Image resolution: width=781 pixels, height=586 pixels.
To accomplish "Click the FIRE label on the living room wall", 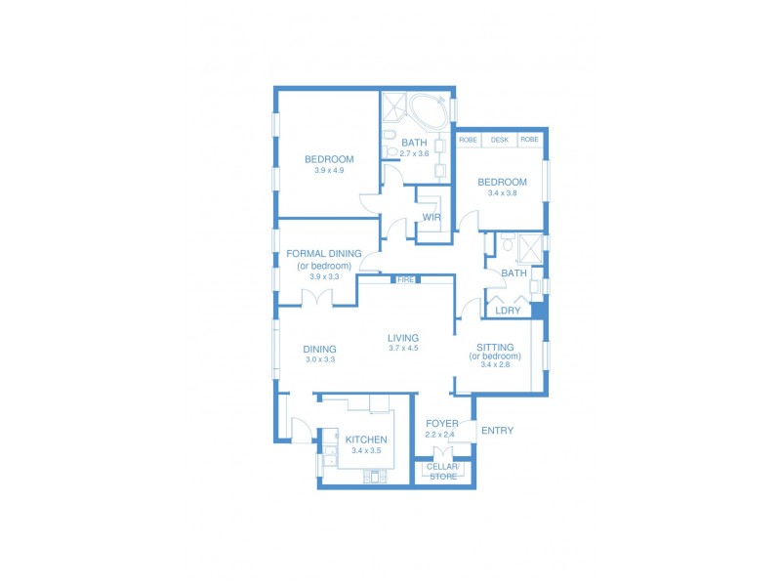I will pos(406,280).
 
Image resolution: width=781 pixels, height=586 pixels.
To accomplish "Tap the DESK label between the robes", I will pos(499,140).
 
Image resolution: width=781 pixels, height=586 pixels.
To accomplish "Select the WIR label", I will pos(432,217).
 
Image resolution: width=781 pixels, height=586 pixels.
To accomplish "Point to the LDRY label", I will pos(508,311).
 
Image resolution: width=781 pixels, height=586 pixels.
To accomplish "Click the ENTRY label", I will pos(497,431).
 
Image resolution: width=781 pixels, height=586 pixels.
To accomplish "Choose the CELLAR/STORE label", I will pos(443,472).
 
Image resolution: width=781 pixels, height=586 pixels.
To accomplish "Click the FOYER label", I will pos(441,423).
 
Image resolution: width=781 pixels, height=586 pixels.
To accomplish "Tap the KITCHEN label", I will pos(366,439).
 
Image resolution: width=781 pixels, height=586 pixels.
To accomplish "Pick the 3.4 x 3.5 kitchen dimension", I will pos(366,451).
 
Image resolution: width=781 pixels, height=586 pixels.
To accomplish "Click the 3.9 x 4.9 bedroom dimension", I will pos(329,171).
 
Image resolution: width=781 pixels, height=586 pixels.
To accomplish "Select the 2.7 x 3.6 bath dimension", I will pos(415,153).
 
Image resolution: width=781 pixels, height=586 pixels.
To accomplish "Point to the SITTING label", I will pos(495,347).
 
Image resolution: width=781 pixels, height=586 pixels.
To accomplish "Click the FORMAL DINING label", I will pos(325,253).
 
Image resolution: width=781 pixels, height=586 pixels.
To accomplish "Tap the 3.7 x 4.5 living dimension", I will pos(403,349).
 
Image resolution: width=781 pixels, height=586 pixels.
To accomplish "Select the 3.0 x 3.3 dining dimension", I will pos(319,359).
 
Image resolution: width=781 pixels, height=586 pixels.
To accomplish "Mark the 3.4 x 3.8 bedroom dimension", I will pos(502,193).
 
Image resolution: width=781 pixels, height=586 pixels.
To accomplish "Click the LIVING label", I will pos(403,338).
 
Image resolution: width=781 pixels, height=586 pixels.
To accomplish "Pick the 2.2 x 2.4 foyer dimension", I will pos(441,435).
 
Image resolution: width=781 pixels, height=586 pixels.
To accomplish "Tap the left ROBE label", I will pos(469,140).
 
